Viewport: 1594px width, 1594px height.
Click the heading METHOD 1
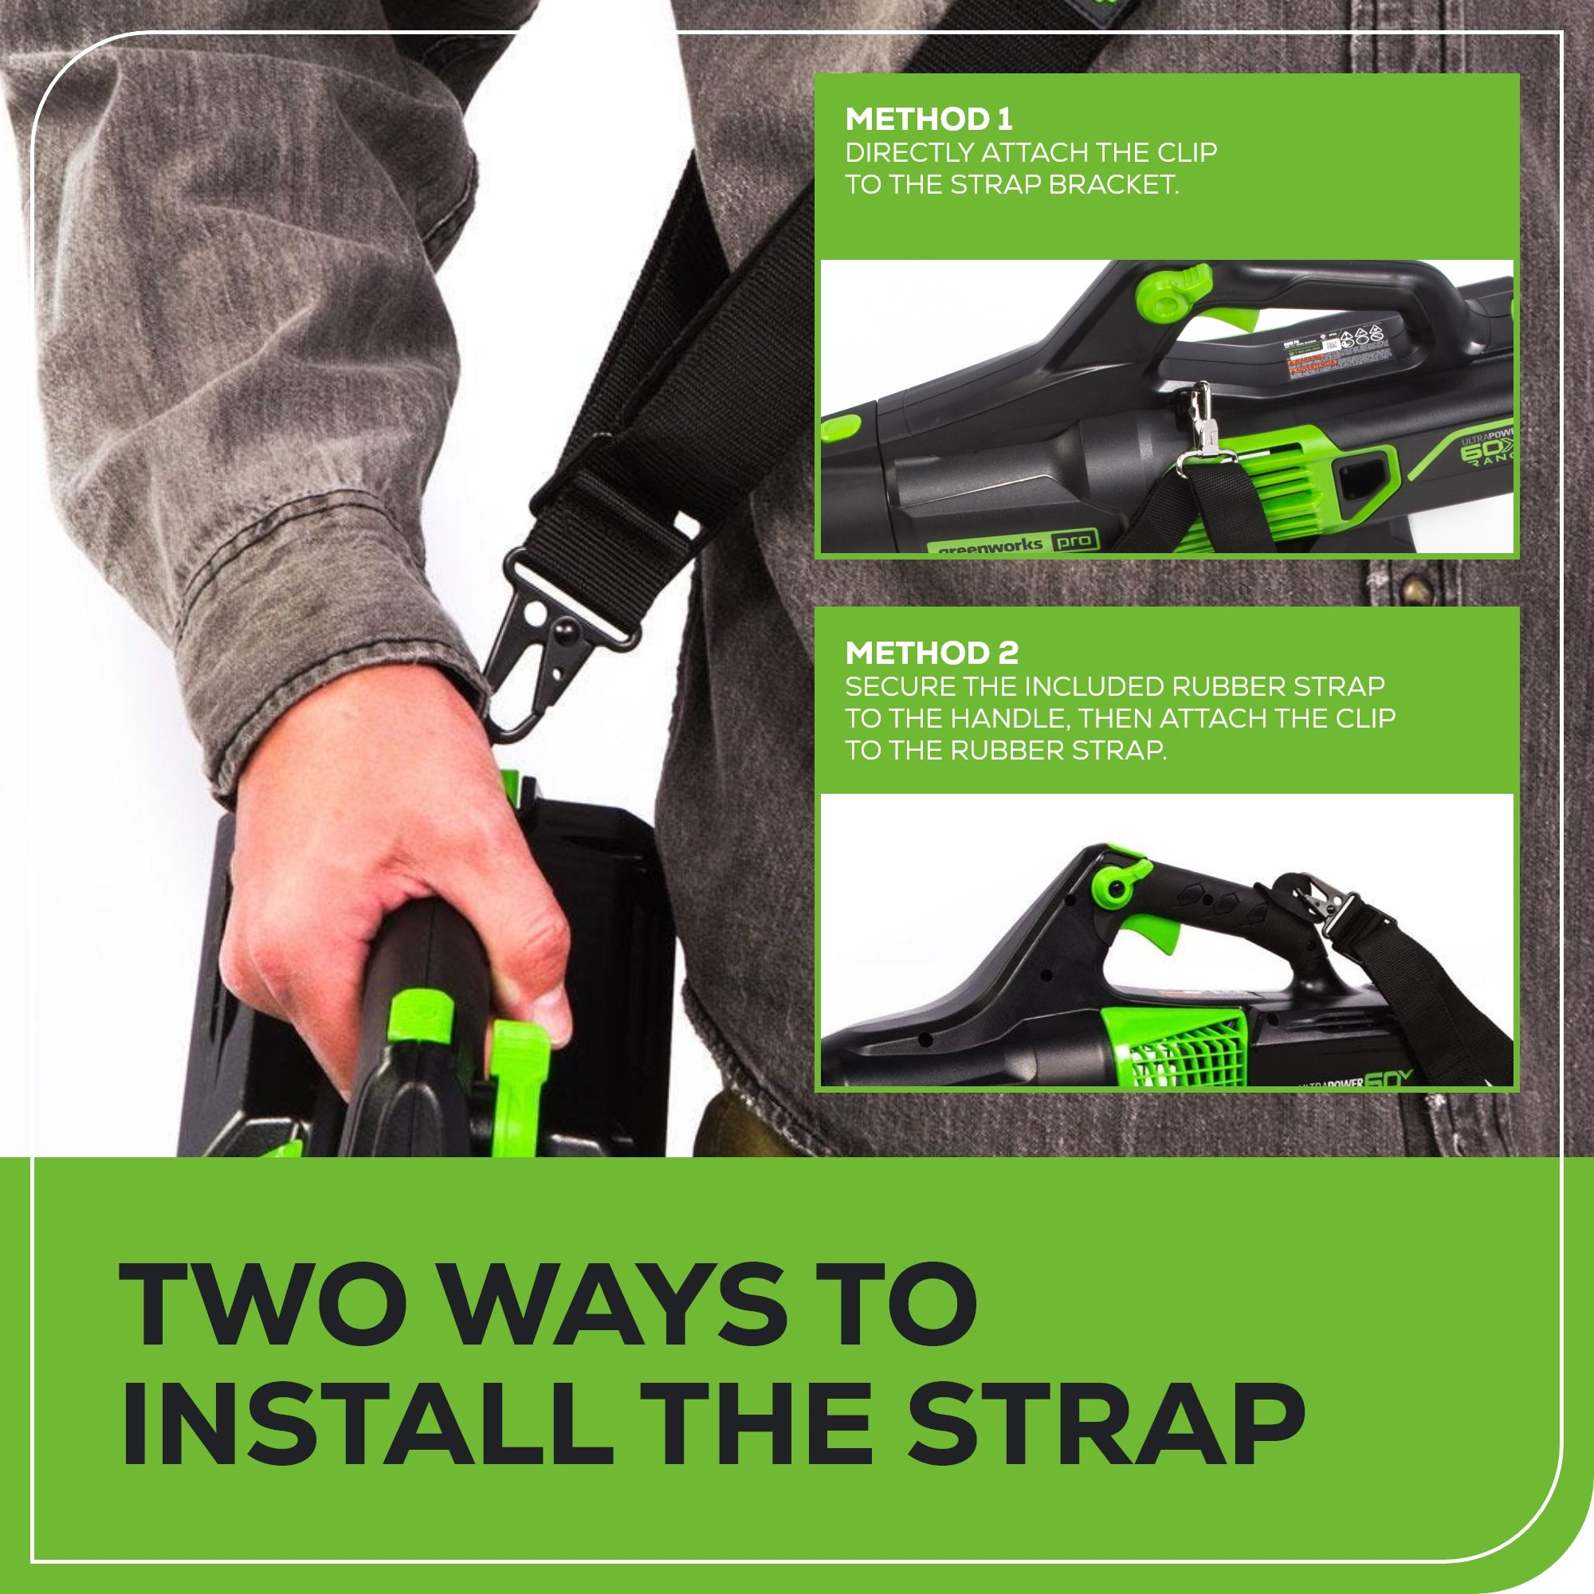point(929,120)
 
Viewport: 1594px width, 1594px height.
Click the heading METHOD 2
point(932,654)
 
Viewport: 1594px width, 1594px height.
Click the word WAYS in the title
point(619,1305)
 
